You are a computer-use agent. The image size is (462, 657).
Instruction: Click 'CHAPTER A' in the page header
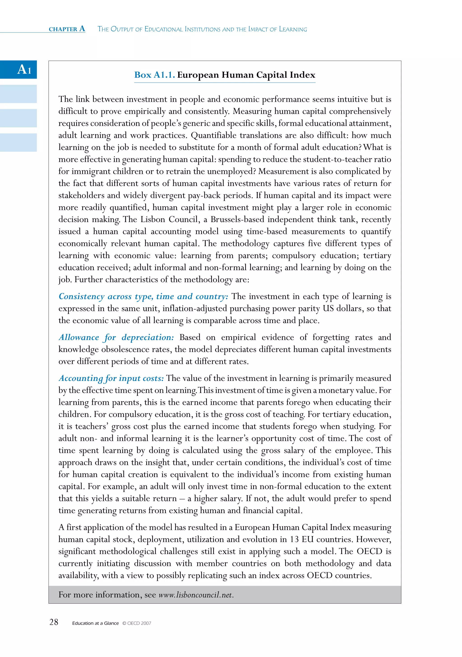67,29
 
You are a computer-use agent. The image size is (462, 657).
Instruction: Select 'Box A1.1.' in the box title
154,75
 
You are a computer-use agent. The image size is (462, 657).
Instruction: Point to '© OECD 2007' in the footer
137,623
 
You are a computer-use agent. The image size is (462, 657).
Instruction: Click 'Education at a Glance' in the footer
95,623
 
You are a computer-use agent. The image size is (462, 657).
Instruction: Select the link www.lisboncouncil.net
196,595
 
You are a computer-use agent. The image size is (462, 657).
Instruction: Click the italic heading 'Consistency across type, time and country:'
143,296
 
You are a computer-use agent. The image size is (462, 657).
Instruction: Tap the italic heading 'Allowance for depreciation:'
116,337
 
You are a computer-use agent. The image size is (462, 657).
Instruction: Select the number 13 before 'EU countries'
294,539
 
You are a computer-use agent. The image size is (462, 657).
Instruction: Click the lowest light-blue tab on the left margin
18,142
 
